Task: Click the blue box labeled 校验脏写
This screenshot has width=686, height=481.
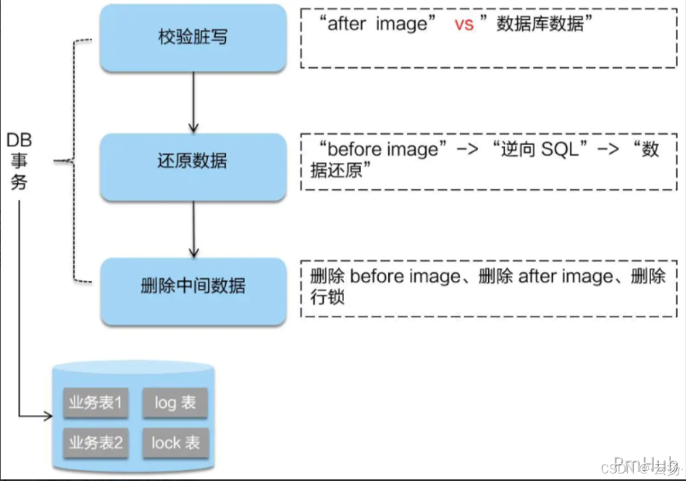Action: tap(192, 38)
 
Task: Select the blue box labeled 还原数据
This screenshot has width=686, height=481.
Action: tap(192, 162)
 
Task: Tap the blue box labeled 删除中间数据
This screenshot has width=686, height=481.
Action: tap(192, 287)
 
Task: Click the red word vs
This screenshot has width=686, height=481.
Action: tap(463, 25)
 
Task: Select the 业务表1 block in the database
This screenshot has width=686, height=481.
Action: tap(96, 403)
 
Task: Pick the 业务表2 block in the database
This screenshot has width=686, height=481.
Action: tap(96, 443)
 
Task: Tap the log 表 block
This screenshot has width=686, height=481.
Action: tap(175, 403)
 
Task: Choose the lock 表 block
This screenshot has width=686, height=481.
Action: tap(175, 443)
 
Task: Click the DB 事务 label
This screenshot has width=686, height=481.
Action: tap(19, 161)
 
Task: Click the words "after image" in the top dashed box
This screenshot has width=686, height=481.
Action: tap(378, 25)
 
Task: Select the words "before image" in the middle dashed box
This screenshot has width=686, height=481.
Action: tap(382, 149)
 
